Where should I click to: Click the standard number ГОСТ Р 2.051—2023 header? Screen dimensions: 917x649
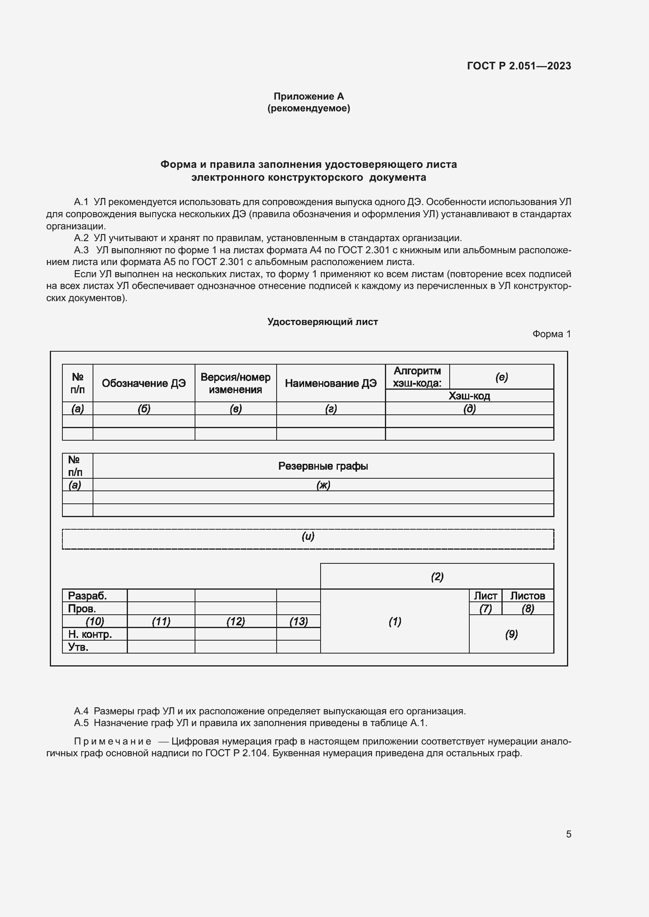point(519,66)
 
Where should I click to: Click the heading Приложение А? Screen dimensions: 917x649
point(308,96)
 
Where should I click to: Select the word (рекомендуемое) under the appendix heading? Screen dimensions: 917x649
point(308,108)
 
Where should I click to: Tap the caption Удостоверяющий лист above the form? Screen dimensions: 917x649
point(323,322)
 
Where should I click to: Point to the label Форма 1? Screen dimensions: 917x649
point(551,334)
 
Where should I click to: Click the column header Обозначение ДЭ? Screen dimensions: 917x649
point(144,383)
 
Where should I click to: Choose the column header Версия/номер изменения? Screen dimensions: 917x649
point(235,383)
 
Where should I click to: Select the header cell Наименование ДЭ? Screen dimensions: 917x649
point(330,383)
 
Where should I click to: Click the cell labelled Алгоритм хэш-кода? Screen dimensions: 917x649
point(417,377)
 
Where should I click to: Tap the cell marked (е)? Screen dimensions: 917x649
point(501,377)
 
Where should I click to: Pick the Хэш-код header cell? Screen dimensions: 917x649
point(469,396)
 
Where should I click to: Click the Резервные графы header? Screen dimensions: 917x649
point(323,466)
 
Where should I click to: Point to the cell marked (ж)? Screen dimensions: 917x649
point(323,485)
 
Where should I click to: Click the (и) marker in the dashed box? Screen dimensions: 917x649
point(308,536)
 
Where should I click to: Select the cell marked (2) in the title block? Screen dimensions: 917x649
point(437,576)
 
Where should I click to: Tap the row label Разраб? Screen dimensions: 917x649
point(87,596)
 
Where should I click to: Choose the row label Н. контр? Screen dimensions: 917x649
point(90,634)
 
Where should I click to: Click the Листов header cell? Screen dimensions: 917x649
point(527,596)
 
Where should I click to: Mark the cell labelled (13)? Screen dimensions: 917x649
point(299,621)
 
